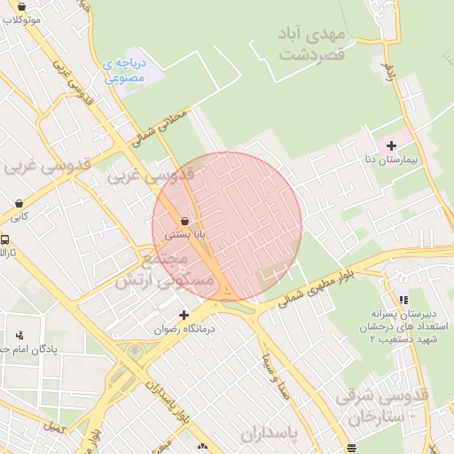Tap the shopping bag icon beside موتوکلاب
(34, 6)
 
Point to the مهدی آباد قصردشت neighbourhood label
(310, 43)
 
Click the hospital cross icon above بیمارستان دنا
(391, 145)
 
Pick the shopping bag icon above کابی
(20, 201)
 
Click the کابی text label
(20, 215)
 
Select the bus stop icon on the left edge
(4, 239)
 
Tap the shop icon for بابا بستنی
(184, 221)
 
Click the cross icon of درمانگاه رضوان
(184, 315)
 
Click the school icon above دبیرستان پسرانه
(403, 301)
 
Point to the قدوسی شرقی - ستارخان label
(383, 405)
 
